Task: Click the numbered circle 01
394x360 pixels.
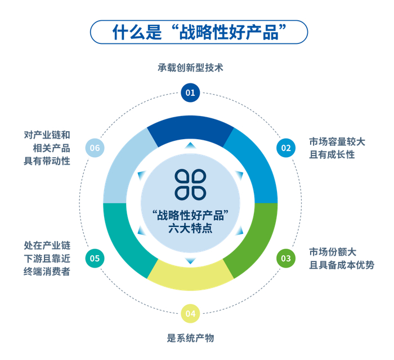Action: (190, 92)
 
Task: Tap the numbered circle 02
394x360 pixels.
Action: (286, 148)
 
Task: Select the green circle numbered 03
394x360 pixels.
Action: (286, 259)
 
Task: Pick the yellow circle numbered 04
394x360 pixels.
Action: (190, 313)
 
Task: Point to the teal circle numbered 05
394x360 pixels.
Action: (95, 259)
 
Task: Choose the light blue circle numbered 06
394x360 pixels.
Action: (95, 148)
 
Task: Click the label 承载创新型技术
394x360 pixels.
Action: (190, 68)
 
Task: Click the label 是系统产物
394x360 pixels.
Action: (190, 338)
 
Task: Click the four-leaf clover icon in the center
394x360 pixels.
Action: (190, 184)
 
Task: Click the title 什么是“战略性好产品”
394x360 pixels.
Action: (199, 32)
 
